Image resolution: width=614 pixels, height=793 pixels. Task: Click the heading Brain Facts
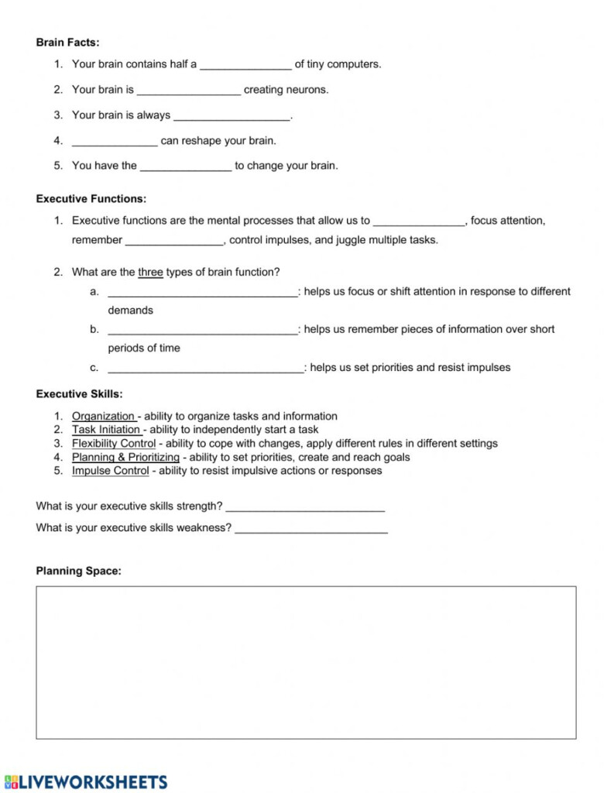[x=67, y=43]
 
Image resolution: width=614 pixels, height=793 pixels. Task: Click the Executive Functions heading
[x=91, y=199]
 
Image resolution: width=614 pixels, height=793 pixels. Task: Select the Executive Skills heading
[x=79, y=394]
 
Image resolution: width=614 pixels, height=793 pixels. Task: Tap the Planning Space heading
[x=78, y=572]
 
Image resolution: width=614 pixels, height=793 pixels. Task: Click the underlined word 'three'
[x=150, y=273]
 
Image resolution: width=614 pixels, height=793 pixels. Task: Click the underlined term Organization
[x=103, y=417]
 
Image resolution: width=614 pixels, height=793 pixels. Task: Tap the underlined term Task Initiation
[x=106, y=430]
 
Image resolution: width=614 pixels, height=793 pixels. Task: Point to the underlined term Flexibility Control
[x=114, y=444]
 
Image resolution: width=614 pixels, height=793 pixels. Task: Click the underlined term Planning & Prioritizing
[x=125, y=458]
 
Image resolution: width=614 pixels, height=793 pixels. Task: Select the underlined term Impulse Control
[x=110, y=471]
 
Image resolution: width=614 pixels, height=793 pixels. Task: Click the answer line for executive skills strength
[x=305, y=508]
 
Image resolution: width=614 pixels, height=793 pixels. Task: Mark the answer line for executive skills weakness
[x=310, y=530]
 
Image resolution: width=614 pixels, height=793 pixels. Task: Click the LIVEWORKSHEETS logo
[x=85, y=781]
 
